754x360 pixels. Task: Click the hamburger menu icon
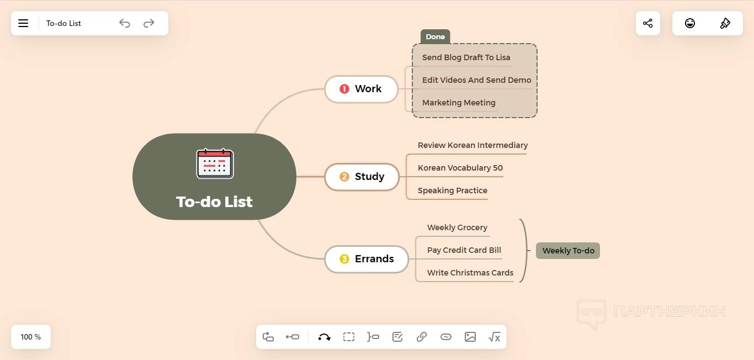click(23, 23)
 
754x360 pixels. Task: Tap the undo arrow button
click(125, 23)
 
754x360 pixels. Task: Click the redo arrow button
click(149, 23)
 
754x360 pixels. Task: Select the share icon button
click(648, 23)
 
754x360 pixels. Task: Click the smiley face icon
click(690, 23)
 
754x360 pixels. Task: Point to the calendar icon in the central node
click(215, 163)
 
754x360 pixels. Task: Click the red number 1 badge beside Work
click(344, 89)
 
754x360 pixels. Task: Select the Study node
click(362, 177)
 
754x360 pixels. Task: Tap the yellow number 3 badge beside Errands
click(344, 259)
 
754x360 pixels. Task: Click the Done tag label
click(435, 37)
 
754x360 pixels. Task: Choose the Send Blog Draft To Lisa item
click(466, 57)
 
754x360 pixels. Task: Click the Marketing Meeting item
click(459, 103)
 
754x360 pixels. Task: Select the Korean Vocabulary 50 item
click(460, 168)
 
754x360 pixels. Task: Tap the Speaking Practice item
click(452, 190)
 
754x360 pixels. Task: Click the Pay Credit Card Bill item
click(464, 250)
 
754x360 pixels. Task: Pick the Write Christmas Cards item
click(470, 273)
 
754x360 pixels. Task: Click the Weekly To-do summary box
click(568, 251)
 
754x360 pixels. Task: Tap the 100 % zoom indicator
click(31, 337)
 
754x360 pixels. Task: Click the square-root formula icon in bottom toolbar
click(495, 337)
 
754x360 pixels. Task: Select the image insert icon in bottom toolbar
click(470, 337)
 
